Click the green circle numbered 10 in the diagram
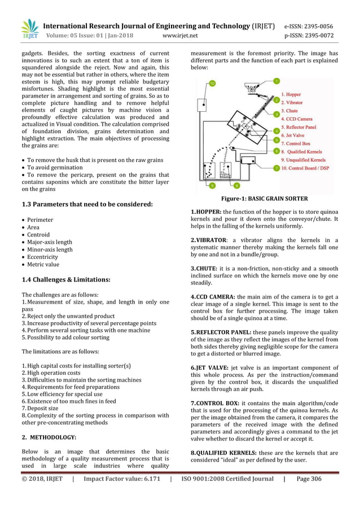pyautogui.click(x=212, y=84)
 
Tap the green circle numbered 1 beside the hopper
pyautogui.click(x=276, y=81)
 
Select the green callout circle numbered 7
pyautogui.click(x=276, y=168)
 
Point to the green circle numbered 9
pyautogui.click(x=212, y=185)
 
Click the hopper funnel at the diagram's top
pyautogui.click(x=252, y=87)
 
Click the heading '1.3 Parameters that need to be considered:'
pyautogui.click(x=87, y=204)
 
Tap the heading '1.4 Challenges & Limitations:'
pyautogui.click(x=66, y=279)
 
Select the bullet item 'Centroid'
pyautogui.click(x=38, y=235)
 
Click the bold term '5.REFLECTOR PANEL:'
pyautogui.click(x=218, y=332)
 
